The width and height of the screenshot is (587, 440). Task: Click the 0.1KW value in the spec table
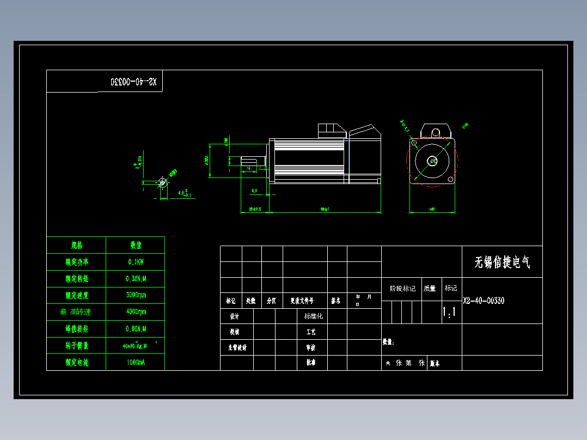135,262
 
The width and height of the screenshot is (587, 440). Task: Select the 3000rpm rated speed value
135,295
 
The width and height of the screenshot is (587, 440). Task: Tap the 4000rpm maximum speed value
135,312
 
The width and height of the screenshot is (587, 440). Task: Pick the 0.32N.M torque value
135,279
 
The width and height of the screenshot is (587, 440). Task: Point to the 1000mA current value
135,362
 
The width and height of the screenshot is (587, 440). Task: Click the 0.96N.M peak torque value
135,329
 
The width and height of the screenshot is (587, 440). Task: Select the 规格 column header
76,245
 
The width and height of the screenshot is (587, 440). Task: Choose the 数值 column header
135,245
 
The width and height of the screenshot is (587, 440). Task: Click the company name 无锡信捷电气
502,262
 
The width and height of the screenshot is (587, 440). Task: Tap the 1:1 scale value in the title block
449,312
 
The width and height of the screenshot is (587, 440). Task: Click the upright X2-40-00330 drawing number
484,301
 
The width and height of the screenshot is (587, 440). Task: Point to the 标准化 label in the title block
313,316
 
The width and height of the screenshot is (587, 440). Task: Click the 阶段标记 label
402,289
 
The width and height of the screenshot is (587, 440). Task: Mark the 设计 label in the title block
234,316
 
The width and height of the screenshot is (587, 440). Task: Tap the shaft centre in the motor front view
432,161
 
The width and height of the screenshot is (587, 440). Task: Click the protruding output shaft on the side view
250,161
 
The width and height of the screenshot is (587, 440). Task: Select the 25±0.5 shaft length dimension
255,209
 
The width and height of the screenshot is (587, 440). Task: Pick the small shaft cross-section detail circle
162,182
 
